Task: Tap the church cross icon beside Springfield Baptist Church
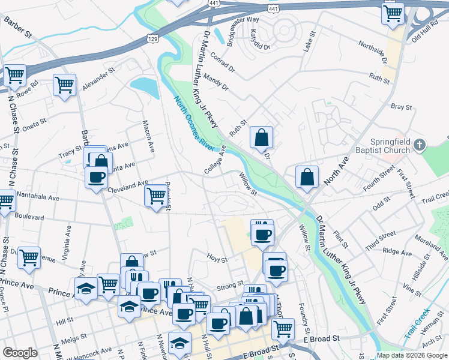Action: click(420, 145)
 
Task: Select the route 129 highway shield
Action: click(153, 38)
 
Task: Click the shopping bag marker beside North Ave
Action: click(307, 178)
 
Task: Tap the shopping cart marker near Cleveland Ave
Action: click(156, 196)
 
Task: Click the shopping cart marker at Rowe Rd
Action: click(14, 76)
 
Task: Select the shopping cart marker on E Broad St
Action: click(283, 329)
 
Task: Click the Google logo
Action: click(20, 353)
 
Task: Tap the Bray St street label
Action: click(401, 107)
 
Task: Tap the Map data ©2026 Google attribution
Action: click(412, 355)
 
